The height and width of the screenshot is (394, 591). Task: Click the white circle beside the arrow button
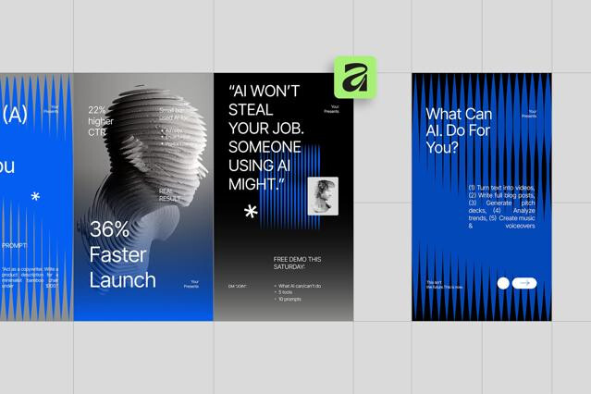pos(503,283)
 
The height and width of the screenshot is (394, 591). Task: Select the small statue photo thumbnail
pos(323,195)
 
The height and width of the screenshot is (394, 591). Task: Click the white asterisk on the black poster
pos(251,213)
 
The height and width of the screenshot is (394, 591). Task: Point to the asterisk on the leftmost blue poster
pos(35,197)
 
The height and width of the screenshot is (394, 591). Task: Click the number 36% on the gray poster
pos(109,230)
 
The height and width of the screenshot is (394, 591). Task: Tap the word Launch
pos(122,279)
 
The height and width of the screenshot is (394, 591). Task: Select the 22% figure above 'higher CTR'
pos(97,109)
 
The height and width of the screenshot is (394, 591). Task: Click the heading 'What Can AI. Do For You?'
pos(460,129)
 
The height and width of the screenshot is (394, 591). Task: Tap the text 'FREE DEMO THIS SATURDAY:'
pos(298,264)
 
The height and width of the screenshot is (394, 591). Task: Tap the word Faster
pos(121,254)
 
